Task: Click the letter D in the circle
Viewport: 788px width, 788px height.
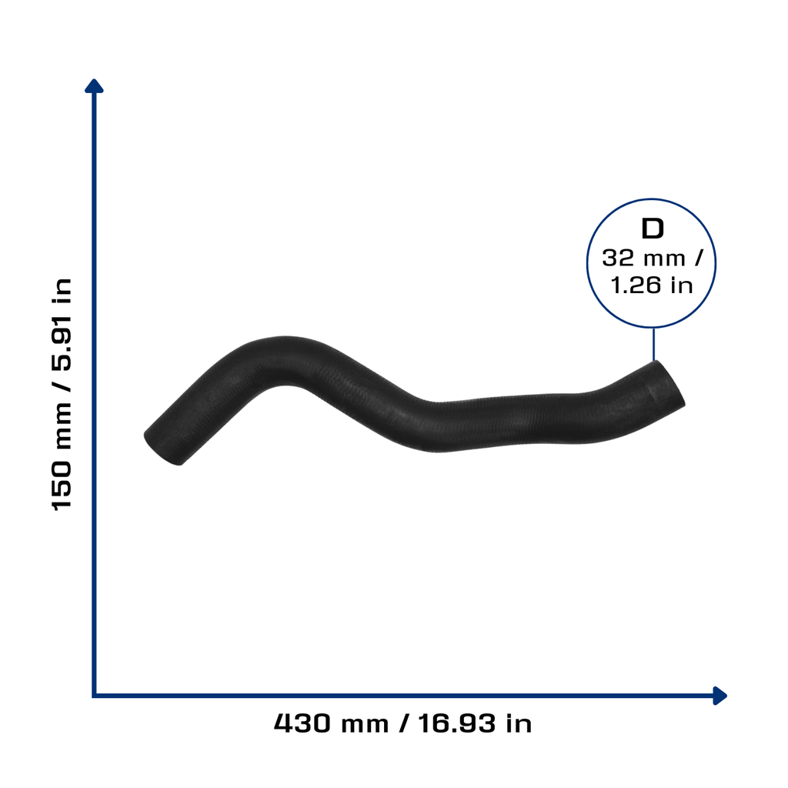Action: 653,229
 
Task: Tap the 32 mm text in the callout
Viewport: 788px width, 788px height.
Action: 644,259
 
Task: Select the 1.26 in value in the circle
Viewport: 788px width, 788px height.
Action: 652,285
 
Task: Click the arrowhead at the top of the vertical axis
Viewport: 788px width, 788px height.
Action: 94,86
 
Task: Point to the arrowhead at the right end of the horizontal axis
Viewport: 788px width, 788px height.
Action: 720,696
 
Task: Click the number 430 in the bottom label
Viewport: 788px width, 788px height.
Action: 302,723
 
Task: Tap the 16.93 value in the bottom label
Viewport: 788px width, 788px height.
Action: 457,723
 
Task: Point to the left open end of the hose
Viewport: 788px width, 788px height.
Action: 162,449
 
